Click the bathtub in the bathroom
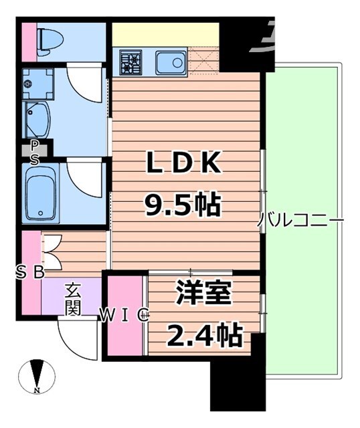tap(41, 191)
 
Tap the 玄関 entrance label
tap(73, 299)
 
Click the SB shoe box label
tap(30, 272)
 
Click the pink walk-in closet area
tap(125, 334)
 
